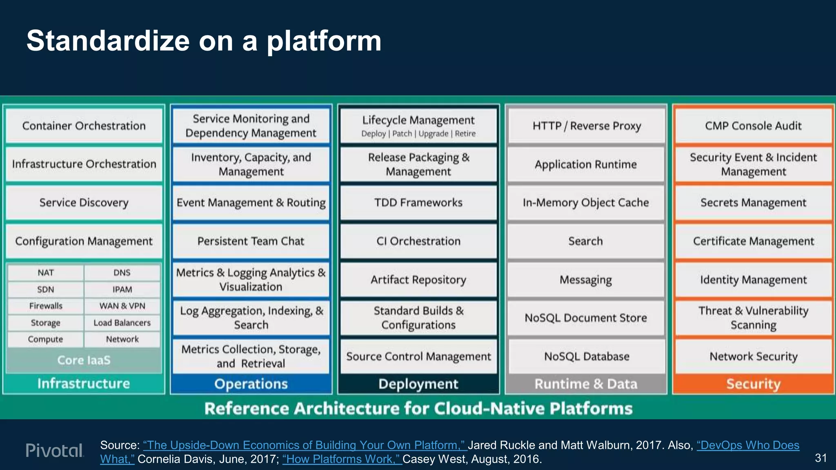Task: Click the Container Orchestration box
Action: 84,126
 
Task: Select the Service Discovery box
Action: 84,203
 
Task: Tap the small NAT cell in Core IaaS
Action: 45,273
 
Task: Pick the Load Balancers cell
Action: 122,323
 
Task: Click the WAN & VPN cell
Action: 122,306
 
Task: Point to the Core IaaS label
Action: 84,360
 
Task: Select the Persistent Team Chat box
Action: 251,241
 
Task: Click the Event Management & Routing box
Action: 251,203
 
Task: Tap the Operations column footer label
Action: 251,384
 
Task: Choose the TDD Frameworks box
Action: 418,203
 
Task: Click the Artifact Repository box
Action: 418,280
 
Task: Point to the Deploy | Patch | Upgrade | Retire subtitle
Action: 418,134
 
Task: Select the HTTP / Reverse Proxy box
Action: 586,126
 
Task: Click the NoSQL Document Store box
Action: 586,318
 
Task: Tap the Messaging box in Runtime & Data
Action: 586,280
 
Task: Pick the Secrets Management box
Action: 753,203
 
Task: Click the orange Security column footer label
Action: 753,384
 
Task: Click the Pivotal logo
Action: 55,450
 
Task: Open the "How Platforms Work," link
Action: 342,459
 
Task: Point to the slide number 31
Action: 820,458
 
